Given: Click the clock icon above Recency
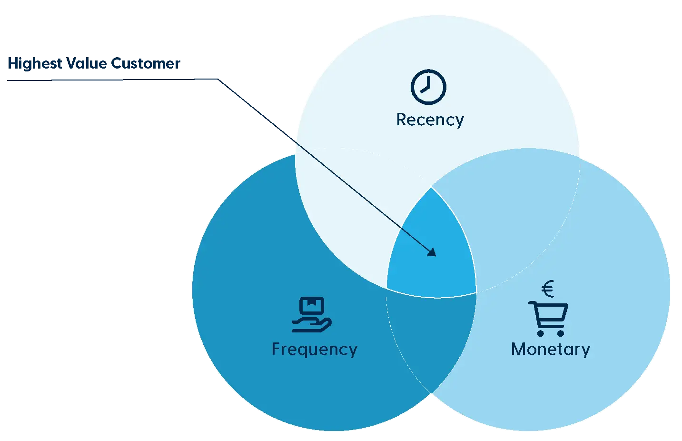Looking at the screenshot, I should pyautogui.click(x=428, y=87).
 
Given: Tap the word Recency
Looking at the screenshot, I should pyautogui.click(x=430, y=120).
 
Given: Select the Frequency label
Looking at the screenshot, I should pyautogui.click(x=314, y=349).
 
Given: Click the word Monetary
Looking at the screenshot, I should pyautogui.click(x=550, y=349).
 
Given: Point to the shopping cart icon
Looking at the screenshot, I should pyautogui.click(x=549, y=318).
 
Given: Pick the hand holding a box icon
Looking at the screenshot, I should pyautogui.click(x=312, y=315).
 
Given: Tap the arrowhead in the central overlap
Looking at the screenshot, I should pyautogui.click(x=432, y=252).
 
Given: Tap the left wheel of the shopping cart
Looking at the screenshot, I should pyautogui.click(x=540, y=333).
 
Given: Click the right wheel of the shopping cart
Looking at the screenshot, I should pyautogui.click(x=561, y=333).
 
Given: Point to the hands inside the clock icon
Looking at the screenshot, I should pyautogui.click(x=426, y=86).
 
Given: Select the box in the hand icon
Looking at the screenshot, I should pyautogui.click(x=312, y=305).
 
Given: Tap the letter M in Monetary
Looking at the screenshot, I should pyautogui.click(x=518, y=349).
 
